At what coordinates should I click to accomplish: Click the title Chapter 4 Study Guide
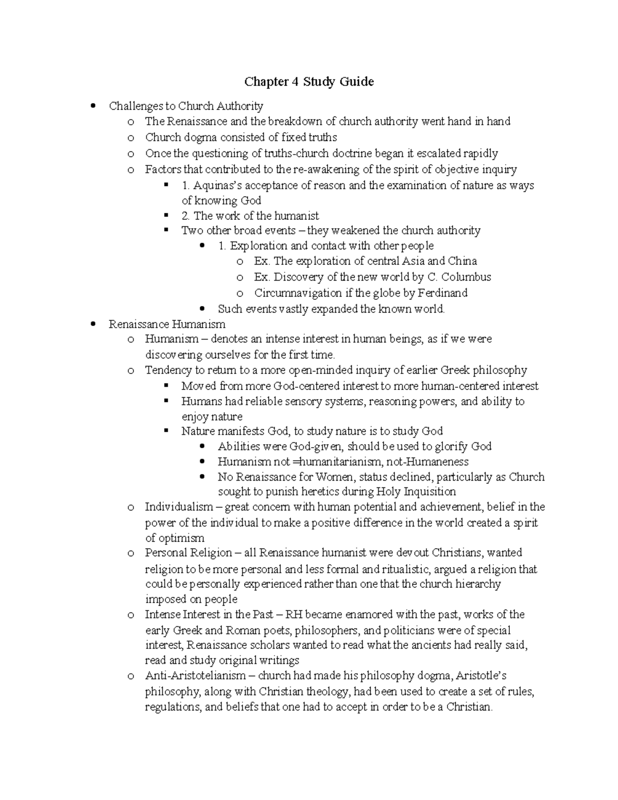[x=308, y=81]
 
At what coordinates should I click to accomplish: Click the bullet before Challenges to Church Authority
[x=93, y=106]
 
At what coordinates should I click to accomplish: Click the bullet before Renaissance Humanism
[x=93, y=324]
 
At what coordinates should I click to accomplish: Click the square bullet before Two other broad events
[x=166, y=230]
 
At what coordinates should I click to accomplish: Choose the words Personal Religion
[x=188, y=553]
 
